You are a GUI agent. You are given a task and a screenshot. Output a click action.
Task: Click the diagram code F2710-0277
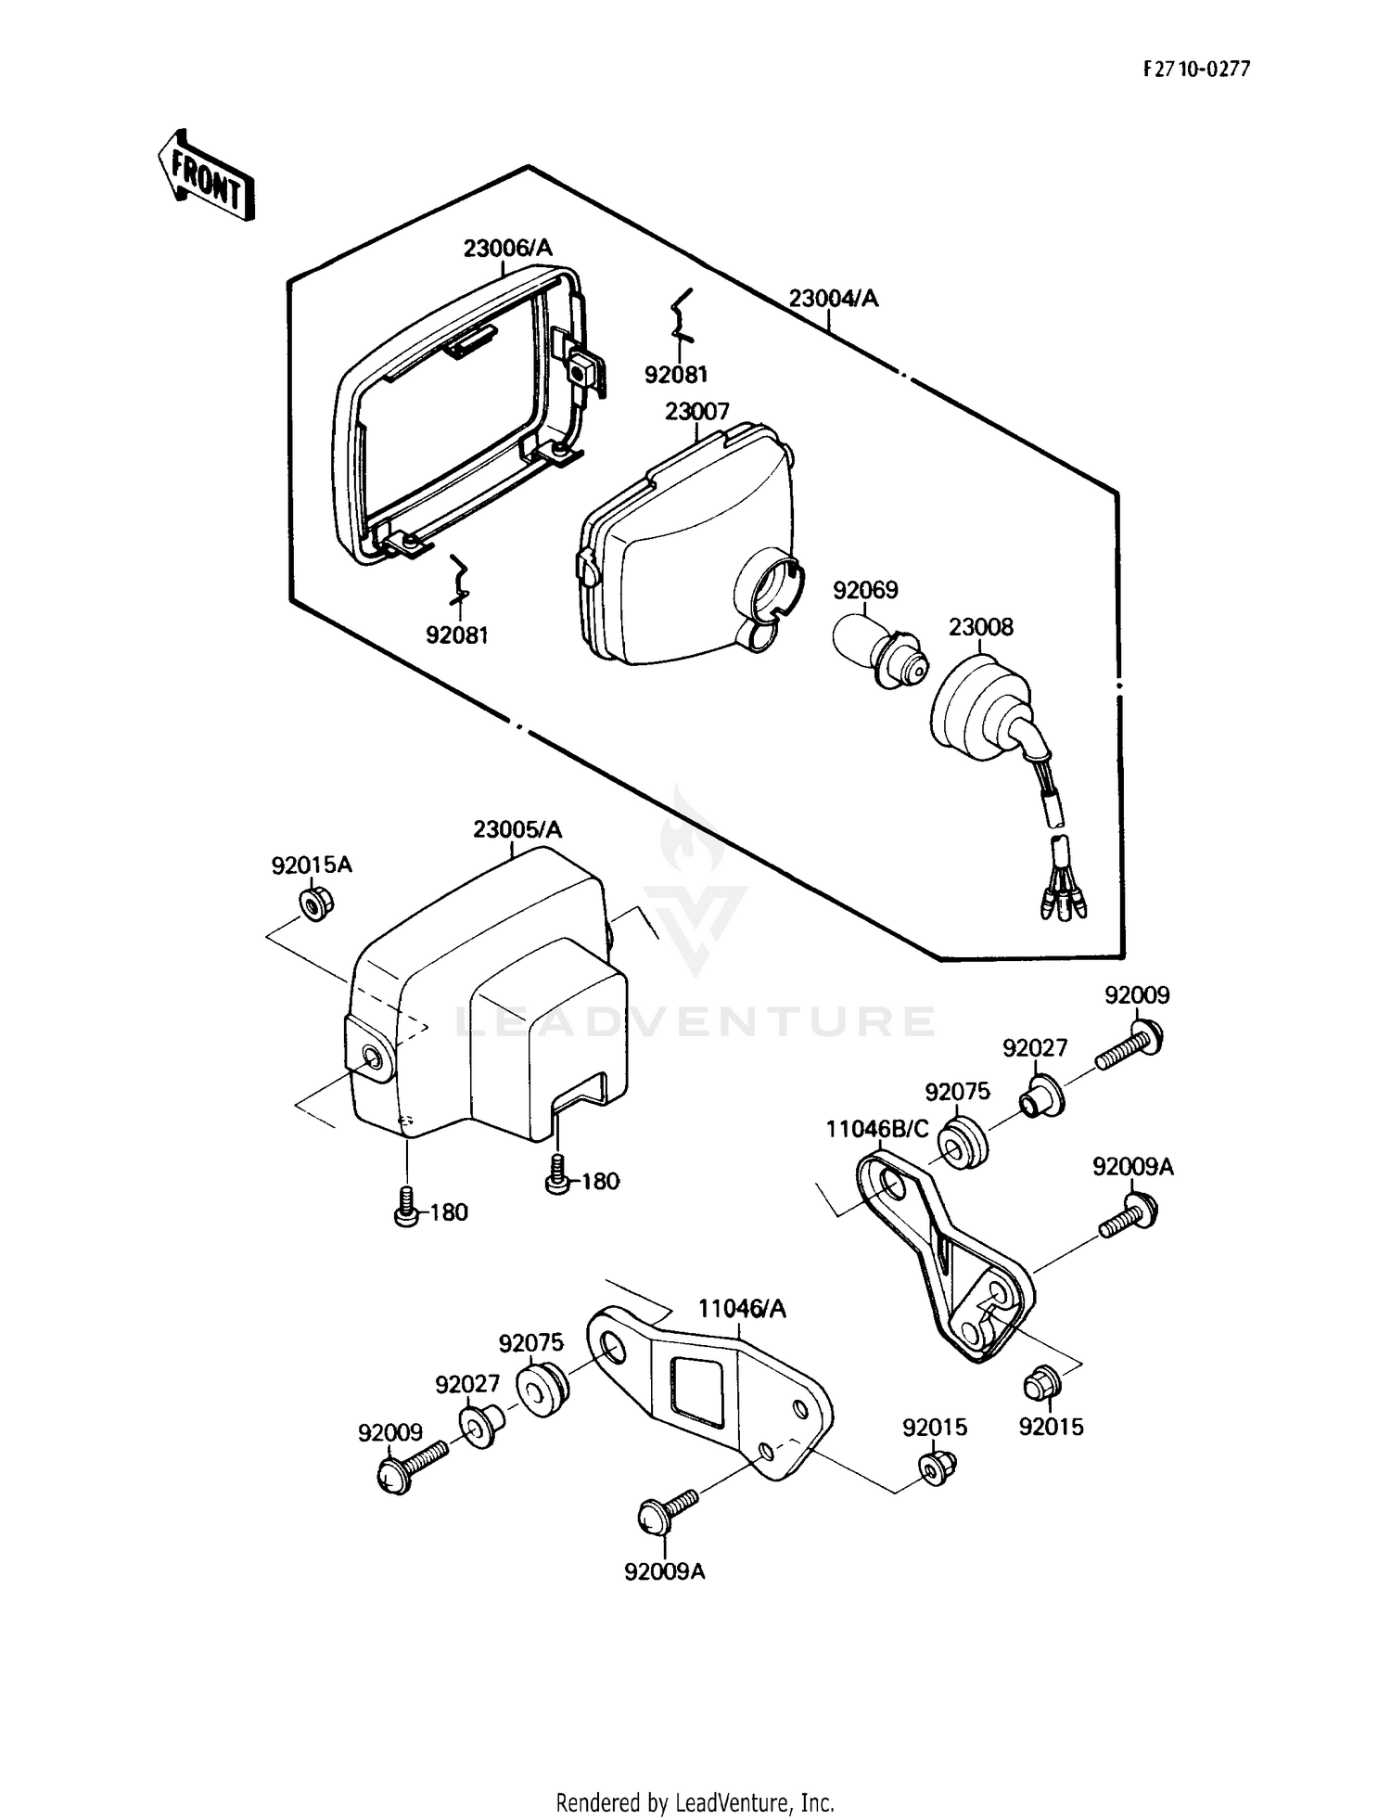pyautogui.click(x=1196, y=69)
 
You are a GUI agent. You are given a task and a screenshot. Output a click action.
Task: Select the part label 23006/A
pyautogui.click(x=507, y=248)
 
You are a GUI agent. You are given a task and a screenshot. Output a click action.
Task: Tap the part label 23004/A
pyautogui.click(x=833, y=299)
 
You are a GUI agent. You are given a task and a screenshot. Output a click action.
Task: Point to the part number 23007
pyautogui.click(x=697, y=411)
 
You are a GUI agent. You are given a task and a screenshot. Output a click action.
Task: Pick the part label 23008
pyautogui.click(x=980, y=627)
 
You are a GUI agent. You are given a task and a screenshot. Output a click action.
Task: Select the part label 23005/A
pyautogui.click(x=517, y=829)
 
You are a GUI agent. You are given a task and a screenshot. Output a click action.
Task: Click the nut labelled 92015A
pyautogui.click(x=316, y=903)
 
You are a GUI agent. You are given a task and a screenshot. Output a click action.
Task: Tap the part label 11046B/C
pyautogui.click(x=877, y=1129)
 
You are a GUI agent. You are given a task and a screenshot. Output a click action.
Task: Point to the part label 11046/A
pyautogui.click(x=742, y=1309)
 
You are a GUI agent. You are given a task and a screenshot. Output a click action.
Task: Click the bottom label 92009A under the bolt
pyautogui.click(x=665, y=1571)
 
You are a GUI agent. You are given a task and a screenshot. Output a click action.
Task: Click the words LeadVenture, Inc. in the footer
pyautogui.click(x=755, y=1803)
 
